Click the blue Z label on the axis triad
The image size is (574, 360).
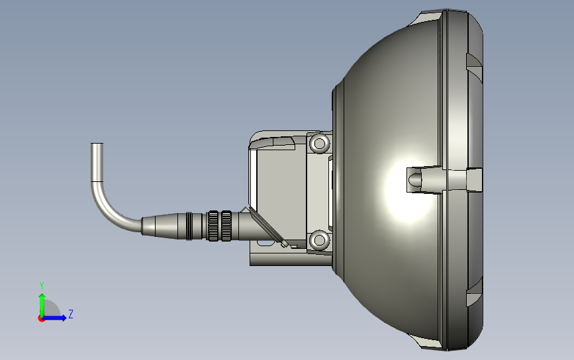[70, 314]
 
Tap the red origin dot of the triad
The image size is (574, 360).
[41, 318]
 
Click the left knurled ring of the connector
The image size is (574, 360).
[214, 226]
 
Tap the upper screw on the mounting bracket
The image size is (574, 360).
[320, 143]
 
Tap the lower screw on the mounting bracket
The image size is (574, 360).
[320, 239]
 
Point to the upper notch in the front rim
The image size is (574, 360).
[473, 63]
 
